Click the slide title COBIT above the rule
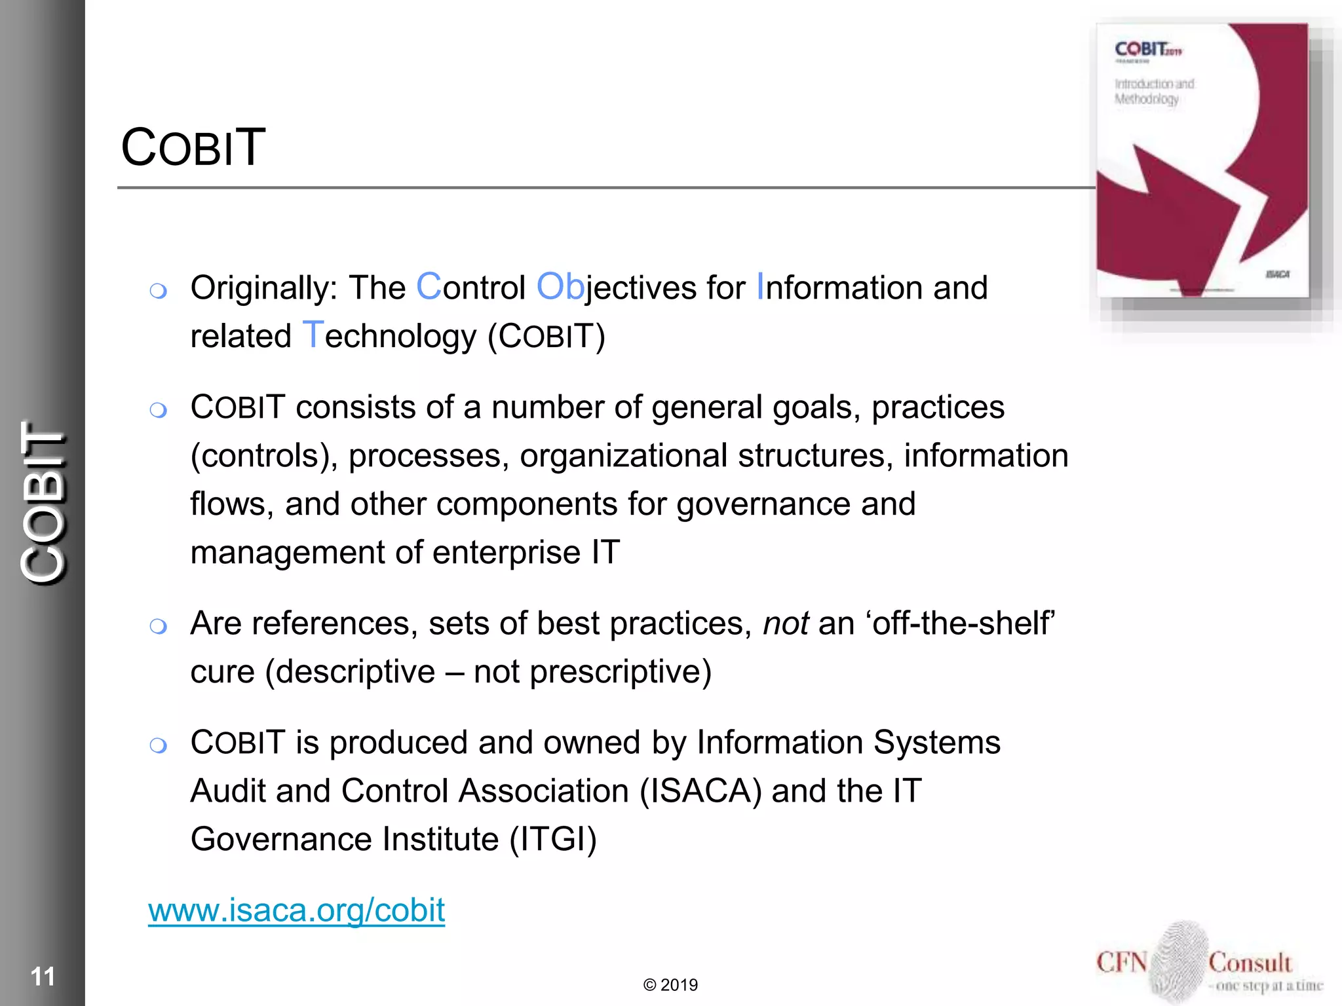(193, 147)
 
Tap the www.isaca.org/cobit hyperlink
(296, 910)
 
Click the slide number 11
(43, 977)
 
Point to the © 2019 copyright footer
(670, 985)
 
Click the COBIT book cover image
(1202, 160)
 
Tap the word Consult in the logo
(1250, 963)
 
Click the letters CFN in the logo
(1121, 963)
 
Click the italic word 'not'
(786, 623)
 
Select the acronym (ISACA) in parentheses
(700, 791)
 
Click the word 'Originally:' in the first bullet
(264, 288)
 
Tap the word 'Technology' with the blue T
(389, 337)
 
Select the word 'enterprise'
(507, 553)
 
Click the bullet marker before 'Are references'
(158, 627)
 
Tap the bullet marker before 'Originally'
(158, 291)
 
